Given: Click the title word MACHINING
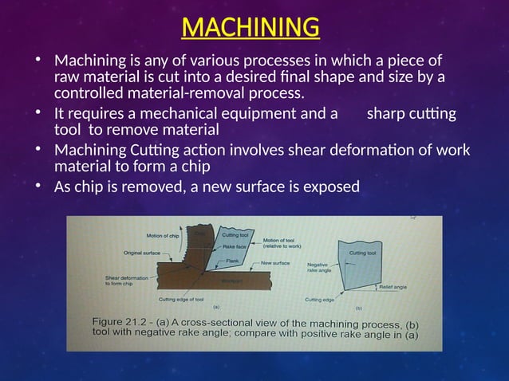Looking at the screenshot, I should pyautogui.click(x=251, y=27).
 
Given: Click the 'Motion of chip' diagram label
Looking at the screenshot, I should pyautogui.click(x=162, y=235).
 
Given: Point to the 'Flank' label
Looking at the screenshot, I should pyautogui.click(x=233, y=260).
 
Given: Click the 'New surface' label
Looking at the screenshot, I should pyautogui.click(x=276, y=262).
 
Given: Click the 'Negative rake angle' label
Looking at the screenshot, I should pyautogui.click(x=318, y=269).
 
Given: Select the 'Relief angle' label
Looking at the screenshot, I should pyautogui.click(x=393, y=285).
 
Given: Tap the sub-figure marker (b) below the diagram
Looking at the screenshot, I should pyautogui.click(x=358, y=307).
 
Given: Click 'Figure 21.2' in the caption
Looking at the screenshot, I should pyautogui.click(x=122, y=321).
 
